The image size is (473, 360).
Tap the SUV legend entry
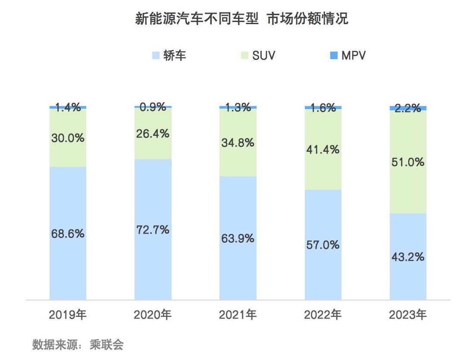(x=258, y=55)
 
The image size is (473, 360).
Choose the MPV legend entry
(x=348, y=55)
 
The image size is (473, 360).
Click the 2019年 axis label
(x=68, y=315)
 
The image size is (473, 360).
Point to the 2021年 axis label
(x=238, y=315)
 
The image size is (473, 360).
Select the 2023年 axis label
(x=408, y=315)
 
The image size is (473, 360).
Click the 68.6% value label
(x=68, y=234)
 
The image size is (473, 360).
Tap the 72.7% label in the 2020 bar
(x=153, y=230)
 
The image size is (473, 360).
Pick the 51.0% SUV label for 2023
(x=408, y=162)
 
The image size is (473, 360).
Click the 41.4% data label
(x=323, y=150)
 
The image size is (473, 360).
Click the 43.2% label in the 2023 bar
(x=408, y=257)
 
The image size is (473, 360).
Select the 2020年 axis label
(x=153, y=315)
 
